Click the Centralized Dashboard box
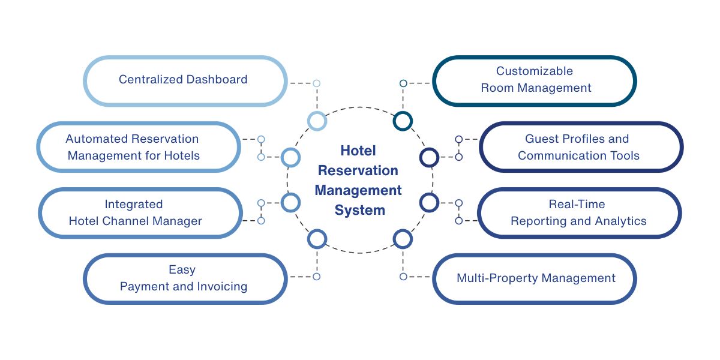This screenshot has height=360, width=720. click(184, 80)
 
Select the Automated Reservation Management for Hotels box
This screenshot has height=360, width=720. click(138, 147)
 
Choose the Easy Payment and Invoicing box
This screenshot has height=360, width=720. click(184, 278)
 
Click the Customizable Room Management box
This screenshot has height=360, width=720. click(534, 80)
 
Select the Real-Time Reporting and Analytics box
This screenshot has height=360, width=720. click(579, 213)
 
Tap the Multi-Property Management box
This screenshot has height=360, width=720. click(534, 278)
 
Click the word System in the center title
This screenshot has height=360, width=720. click(359, 211)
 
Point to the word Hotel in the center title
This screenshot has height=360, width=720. click(358, 151)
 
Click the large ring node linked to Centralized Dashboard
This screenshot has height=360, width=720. click(317, 121)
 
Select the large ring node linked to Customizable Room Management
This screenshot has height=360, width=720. click(403, 121)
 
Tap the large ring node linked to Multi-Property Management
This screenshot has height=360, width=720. click(403, 239)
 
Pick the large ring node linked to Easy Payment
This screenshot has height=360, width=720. click(317, 239)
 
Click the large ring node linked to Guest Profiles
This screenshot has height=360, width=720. click(429, 157)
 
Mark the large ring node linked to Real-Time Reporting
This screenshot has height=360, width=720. click(429, 202)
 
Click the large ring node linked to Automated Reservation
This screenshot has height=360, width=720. click(290, 157)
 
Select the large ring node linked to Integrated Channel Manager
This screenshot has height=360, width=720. click(290, 202)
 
